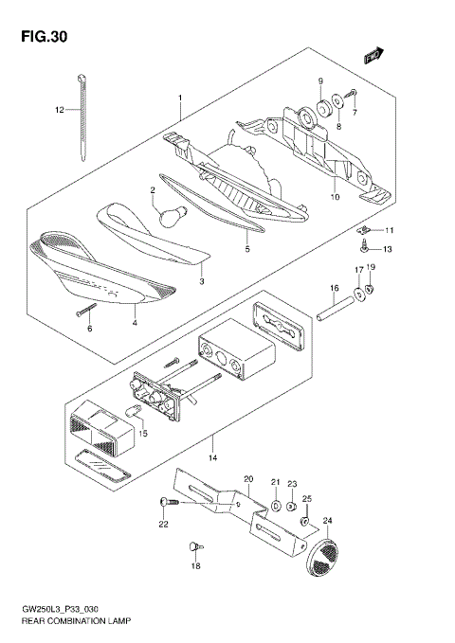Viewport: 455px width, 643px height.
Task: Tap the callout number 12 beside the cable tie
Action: click(x=59, y=110)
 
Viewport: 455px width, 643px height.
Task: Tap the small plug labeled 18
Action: click(x=194, y=545)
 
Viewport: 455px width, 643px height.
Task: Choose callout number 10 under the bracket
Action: click(x=334, y=197)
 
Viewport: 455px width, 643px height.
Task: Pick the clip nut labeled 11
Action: click(x=365, y=230)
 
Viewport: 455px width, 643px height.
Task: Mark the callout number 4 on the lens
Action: click(x=135, y=323)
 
